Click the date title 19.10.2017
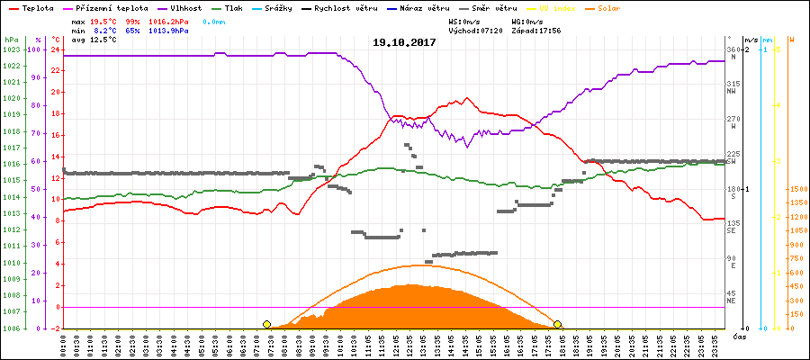[404, 42]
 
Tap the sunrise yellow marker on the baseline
[266, 324]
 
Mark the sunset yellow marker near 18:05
[558, 324]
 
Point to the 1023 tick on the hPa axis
[13, 49]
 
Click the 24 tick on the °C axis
[55, 49]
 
